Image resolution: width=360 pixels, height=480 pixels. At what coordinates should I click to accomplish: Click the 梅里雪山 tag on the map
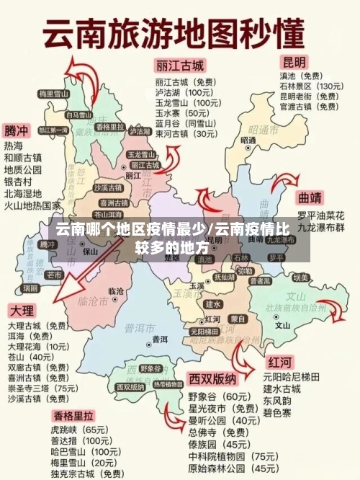point(53,94)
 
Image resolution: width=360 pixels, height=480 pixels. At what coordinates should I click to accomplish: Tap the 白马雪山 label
point(78,115)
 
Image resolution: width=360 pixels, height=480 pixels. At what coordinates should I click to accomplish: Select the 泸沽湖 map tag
point(140,132)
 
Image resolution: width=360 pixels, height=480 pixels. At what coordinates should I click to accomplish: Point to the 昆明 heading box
point(293,62)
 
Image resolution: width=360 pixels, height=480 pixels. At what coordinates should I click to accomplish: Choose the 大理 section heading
point(22,311)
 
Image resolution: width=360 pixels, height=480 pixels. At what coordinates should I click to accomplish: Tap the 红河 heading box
point(279,361)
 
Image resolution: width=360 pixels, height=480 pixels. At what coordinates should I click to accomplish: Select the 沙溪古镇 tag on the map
point(107,187)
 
